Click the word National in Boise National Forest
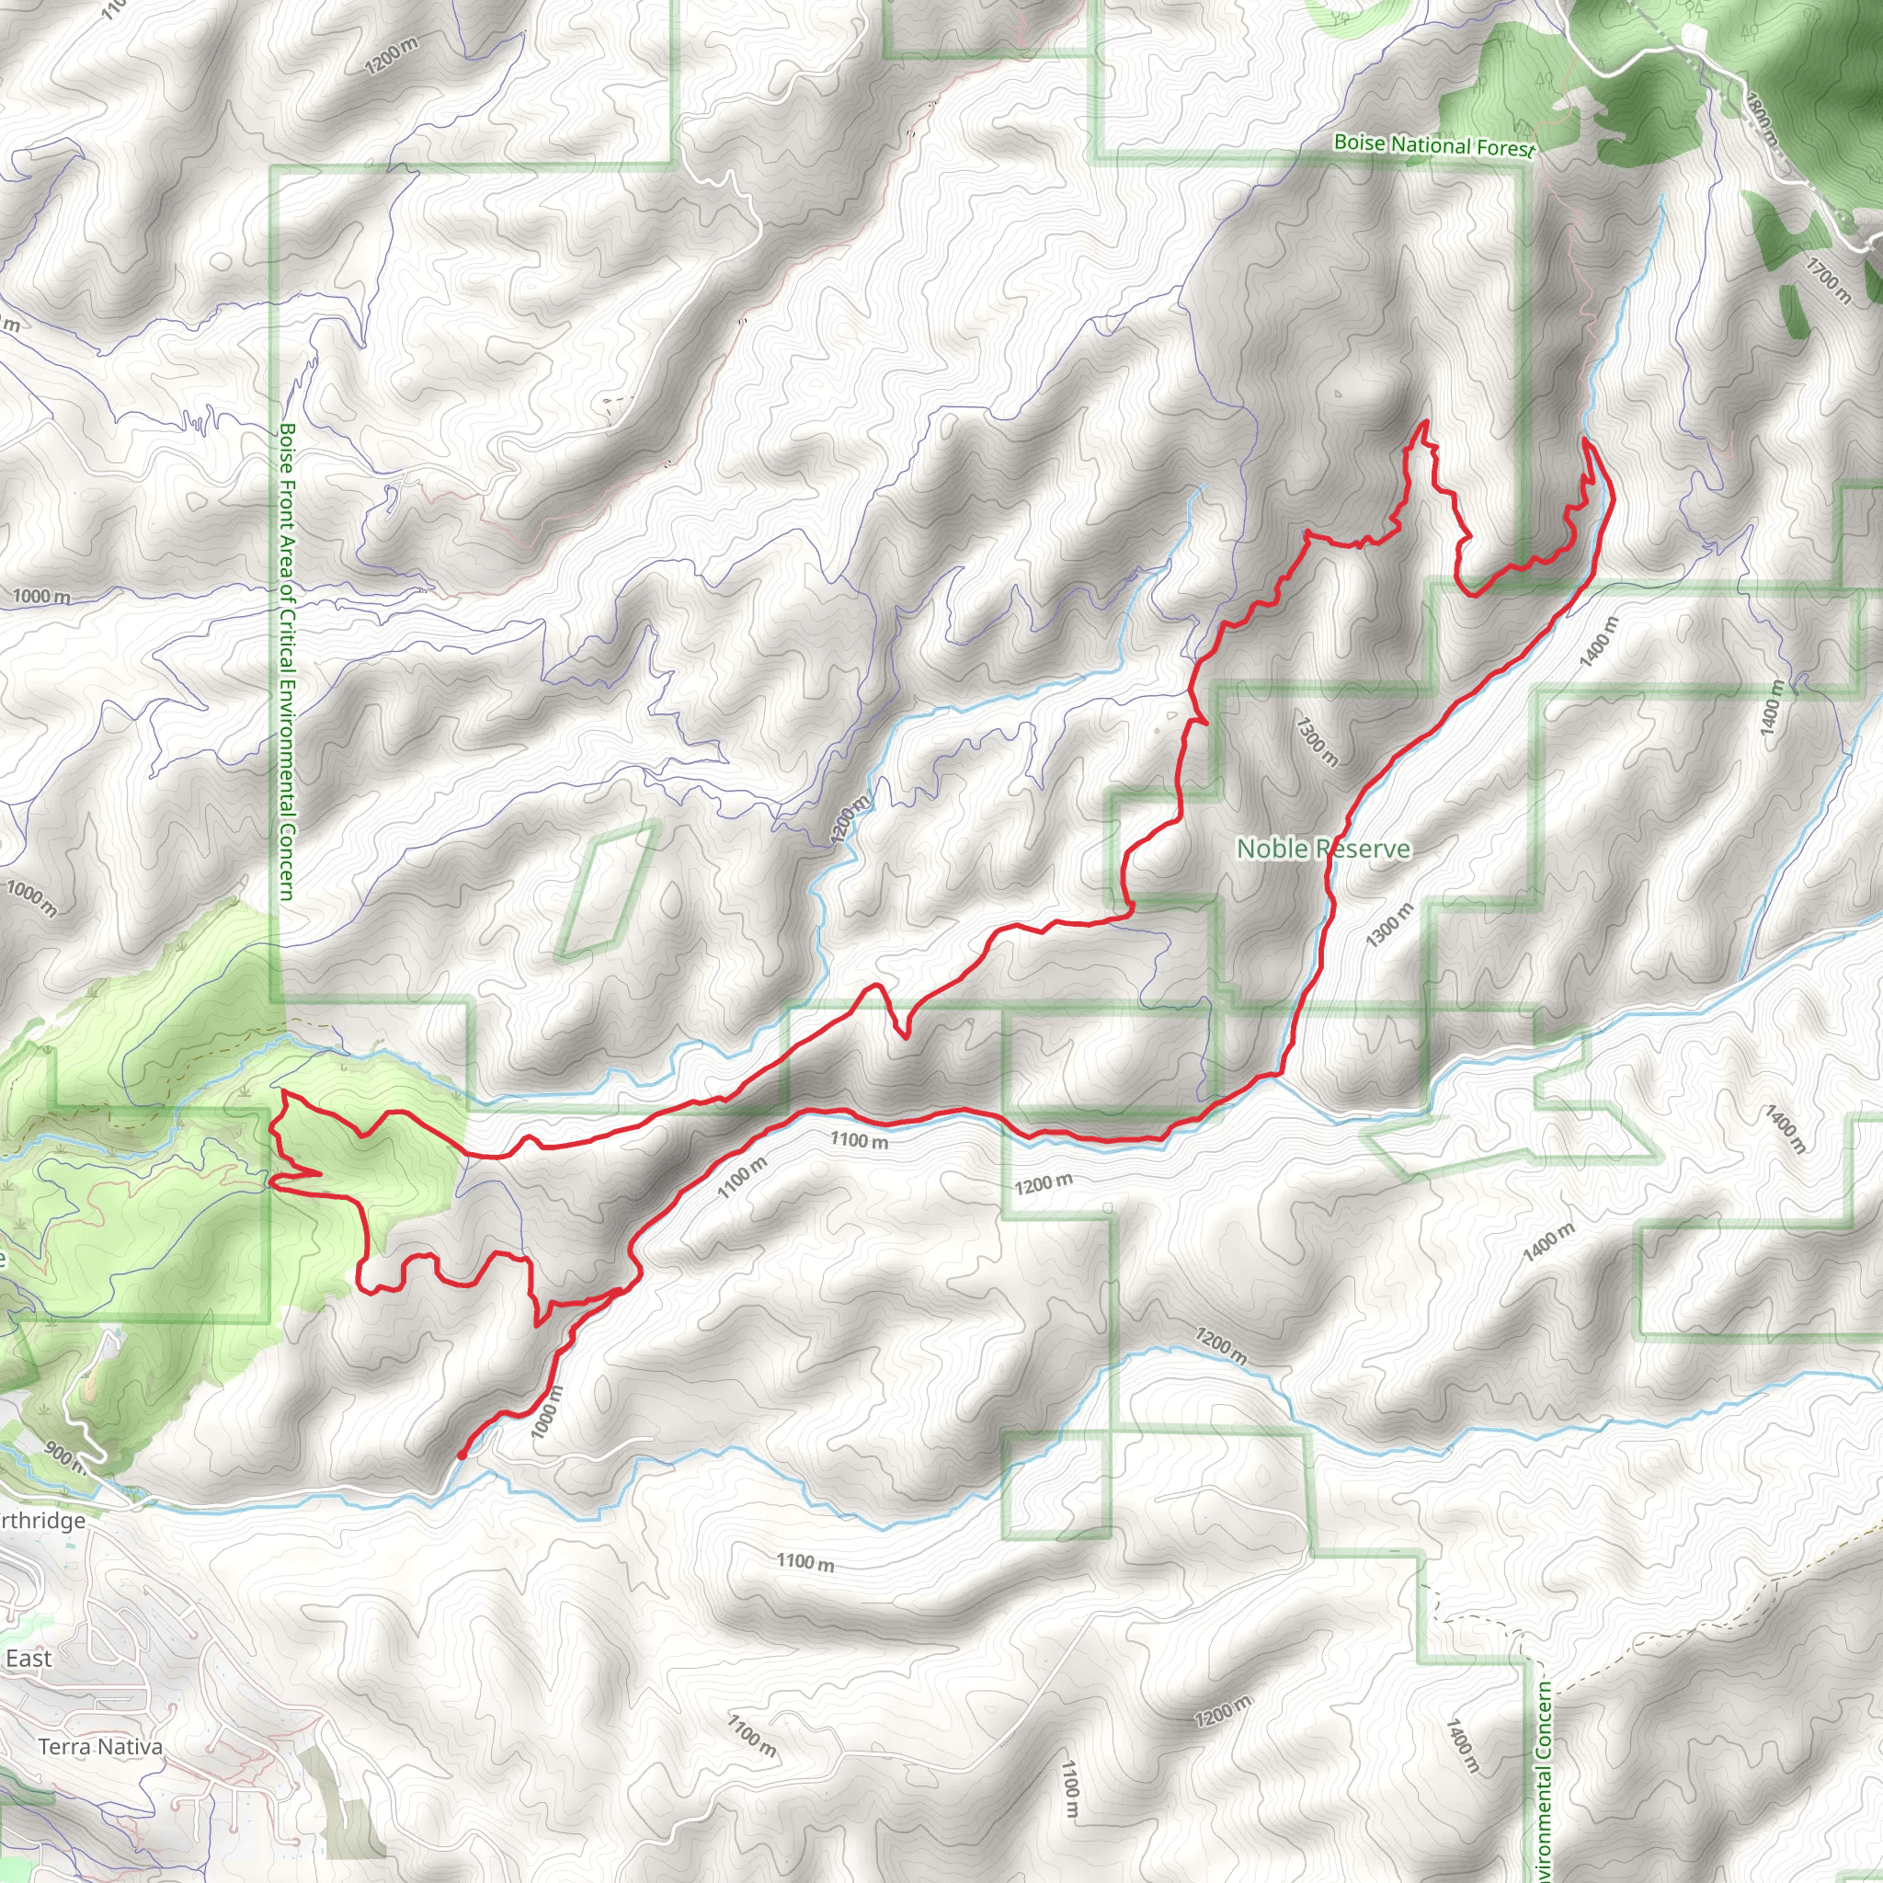(x=1431, y=145)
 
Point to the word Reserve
(x=1364, y=849)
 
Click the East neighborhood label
(x=29, y=1659)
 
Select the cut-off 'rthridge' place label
(x=43, y=1521)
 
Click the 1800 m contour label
(x=1763, y=119)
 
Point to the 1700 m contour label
(x=1828, y=280)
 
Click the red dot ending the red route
(x=461, y=1455)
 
